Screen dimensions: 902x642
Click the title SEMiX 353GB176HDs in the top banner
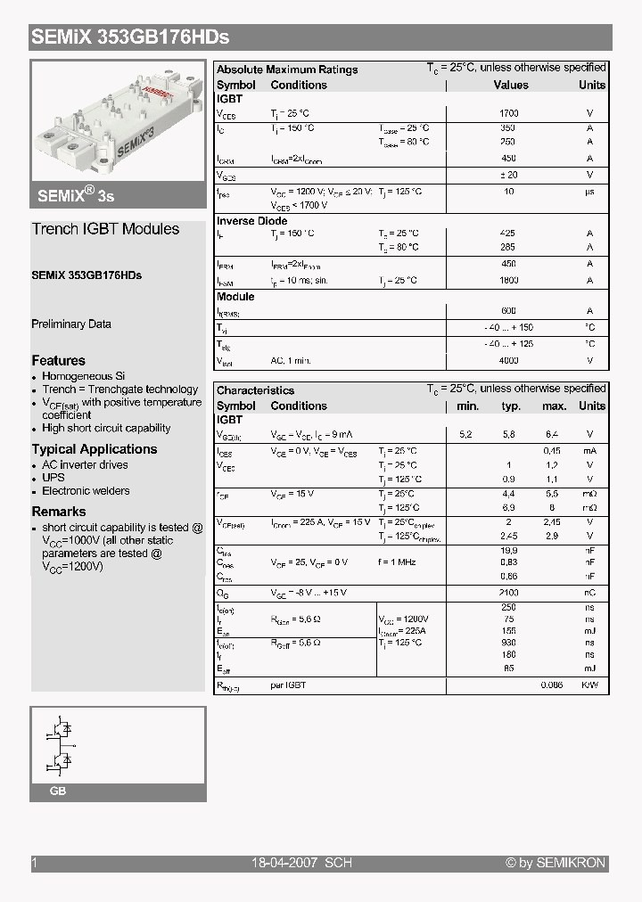click(x=130, y=37)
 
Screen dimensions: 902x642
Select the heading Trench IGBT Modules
click(x=105, y=229)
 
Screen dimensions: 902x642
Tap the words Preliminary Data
click(x=71, y=324)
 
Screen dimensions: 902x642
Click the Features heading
click(x=59, y=361)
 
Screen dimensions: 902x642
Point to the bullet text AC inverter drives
click(x=85, y=465)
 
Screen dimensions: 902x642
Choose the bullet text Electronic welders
click(x=86, y=491)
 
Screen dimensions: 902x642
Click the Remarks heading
click(x=59, y=512)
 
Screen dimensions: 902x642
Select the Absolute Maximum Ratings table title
click(x=287, y=70)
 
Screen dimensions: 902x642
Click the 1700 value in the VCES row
click(x=508, y=114)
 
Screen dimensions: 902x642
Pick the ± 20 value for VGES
click(x=508, y=175)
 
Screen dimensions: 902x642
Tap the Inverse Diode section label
click(x=252, y=221)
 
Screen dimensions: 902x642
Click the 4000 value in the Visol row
click(x=508, y=361)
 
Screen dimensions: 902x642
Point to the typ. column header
click(x=511, y=406)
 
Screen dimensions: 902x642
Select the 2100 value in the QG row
click(x=508, y=593)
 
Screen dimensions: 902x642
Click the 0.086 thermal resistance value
click(x=552, y=685)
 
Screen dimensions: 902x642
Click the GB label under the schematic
click(x=57, y=791)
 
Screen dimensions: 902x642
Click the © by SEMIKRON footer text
click(x=555, y=863)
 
